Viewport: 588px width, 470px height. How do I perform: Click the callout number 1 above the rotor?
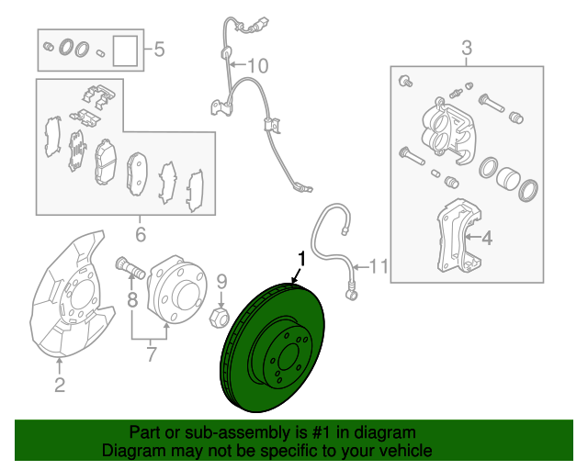click(302, 260)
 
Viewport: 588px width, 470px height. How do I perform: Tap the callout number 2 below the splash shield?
click(60, 385)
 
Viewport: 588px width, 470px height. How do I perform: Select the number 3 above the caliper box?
click(467, 49)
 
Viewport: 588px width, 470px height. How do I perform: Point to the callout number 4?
click(487, 238)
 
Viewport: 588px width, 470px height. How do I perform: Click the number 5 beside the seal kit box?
click(159, 49)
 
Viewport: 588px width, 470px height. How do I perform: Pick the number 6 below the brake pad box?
click(141, 235)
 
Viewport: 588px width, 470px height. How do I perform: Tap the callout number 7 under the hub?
click(151, 354)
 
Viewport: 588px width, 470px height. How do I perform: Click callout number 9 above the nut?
click(222, 282)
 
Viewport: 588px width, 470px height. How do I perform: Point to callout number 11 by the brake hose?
click(379, 267)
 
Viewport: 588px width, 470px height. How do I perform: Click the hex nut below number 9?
click(220, 317)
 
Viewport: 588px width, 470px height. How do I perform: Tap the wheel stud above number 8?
click(130, 267)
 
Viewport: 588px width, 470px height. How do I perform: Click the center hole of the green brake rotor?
click(288, 357)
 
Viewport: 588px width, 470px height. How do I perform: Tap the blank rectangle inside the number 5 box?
click(125, 50)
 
